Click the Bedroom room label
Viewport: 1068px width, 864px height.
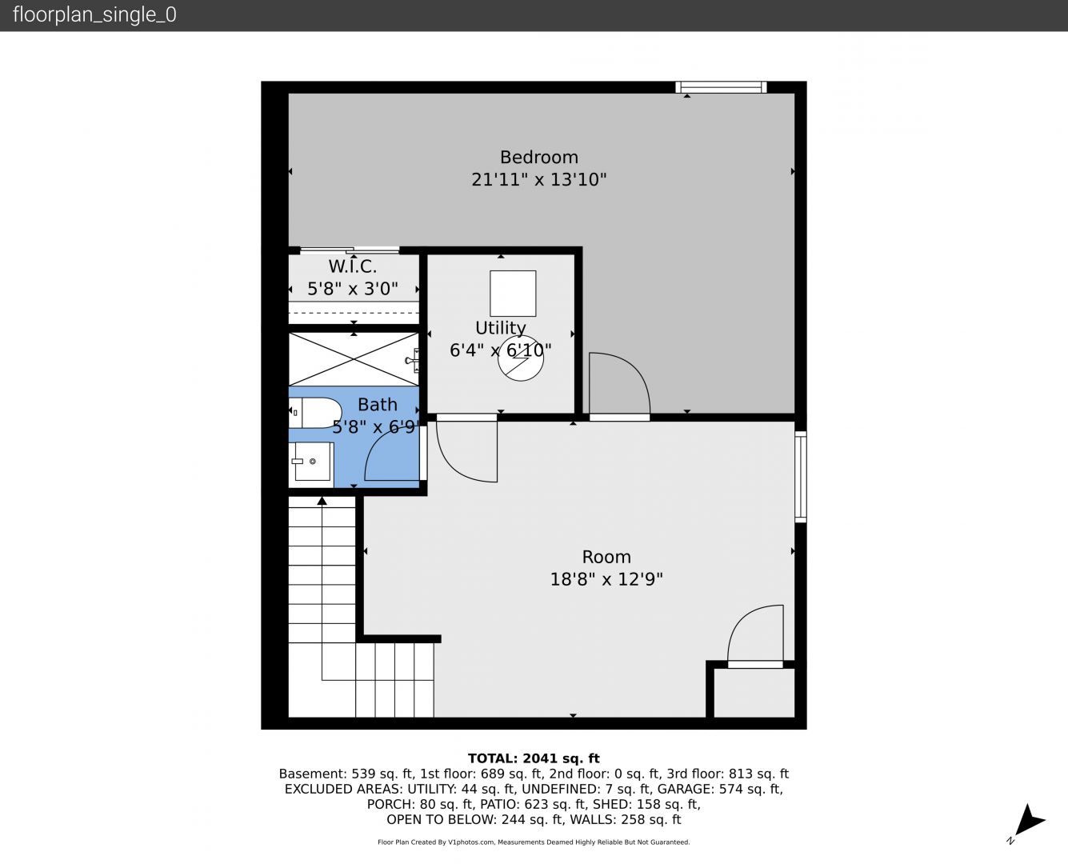(539, 157)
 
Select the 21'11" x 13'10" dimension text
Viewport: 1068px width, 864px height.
(539, 179)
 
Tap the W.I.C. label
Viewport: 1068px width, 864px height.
(353, 266)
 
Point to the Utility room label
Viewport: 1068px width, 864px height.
(501, 328)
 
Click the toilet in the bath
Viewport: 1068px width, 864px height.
(315, 413)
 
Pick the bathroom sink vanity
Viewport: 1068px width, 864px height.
(311, 464)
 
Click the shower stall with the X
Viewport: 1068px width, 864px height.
(354, 359)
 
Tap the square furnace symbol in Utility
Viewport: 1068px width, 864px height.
(513, 294)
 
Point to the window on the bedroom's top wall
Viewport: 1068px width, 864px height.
(721, 87)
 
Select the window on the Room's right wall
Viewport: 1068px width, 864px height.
(801, 476)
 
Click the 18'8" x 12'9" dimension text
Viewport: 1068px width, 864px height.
(606, 580)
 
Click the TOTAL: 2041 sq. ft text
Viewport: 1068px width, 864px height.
(534, 758)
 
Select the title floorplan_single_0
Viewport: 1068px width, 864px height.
(94, 15)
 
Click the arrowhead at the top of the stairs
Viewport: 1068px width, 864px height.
(322, 501)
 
